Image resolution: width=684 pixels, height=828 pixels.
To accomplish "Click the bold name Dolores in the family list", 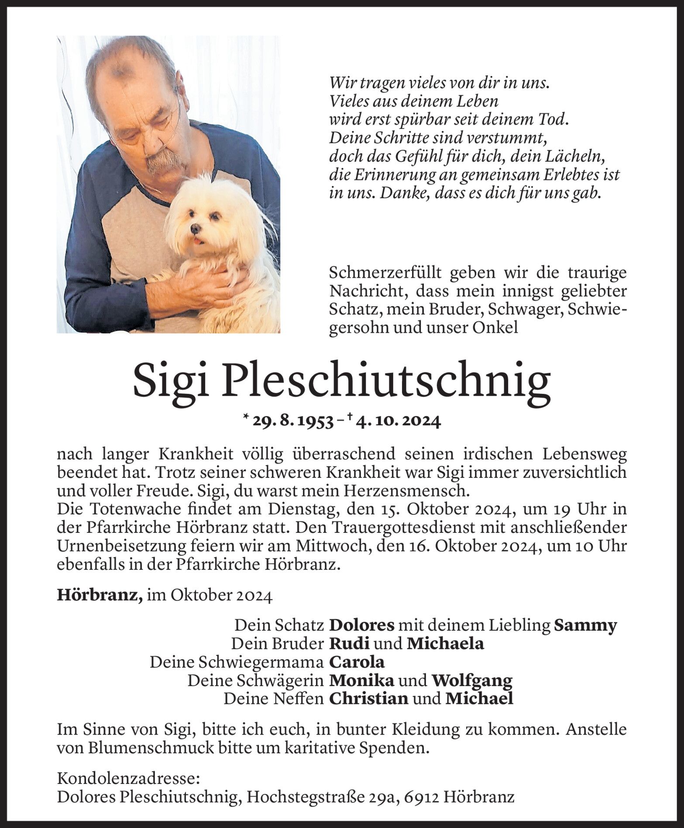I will click(361, 625).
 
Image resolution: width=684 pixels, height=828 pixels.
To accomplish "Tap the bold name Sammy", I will click(585, 625).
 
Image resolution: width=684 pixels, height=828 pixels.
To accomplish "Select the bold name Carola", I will click(357, 662).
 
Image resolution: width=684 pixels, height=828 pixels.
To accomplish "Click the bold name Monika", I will click(361, 680).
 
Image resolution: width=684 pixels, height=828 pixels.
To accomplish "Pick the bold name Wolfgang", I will click(472, 680).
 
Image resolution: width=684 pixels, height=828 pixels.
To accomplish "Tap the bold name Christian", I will click(368, 699).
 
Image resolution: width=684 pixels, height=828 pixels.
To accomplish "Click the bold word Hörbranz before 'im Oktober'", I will click(100, 596).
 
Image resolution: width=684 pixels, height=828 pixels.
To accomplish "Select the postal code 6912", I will click(419, 797).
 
